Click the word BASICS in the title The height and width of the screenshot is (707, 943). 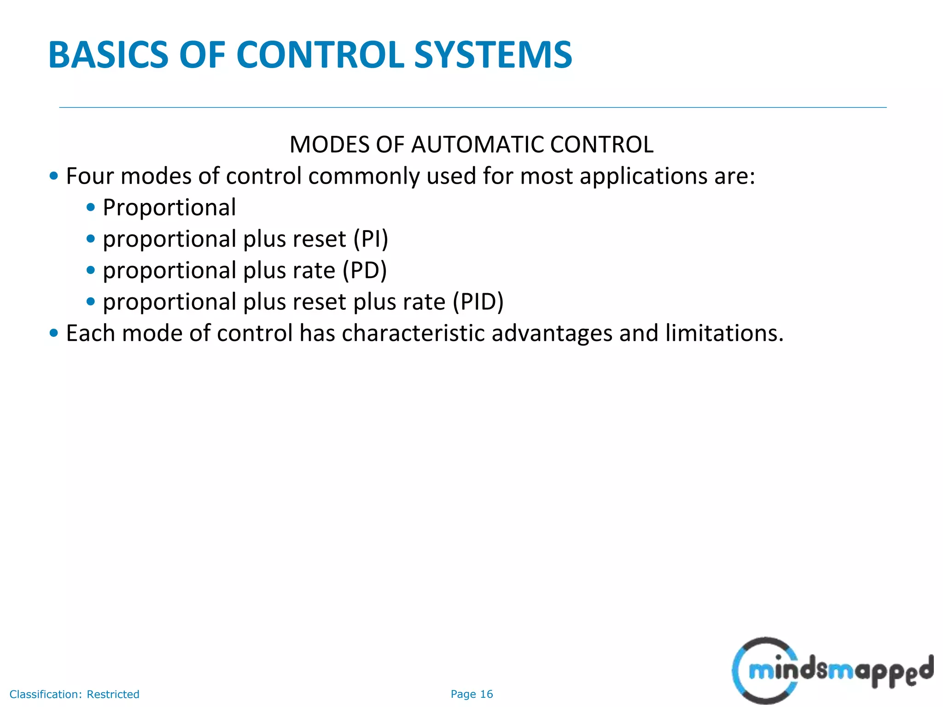coord(108,55)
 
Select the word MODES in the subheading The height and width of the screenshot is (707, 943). coord(330,145)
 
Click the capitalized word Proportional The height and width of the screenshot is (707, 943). coord(169,208)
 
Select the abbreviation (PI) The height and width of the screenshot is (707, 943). coord(371,239)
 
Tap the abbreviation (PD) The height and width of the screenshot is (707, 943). coord(365,271)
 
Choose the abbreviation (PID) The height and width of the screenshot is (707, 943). coord(478,302)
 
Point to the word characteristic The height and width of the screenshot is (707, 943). coord(413,333)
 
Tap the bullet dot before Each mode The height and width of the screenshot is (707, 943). coord(54,333)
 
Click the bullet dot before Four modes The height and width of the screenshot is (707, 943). coord(54,176)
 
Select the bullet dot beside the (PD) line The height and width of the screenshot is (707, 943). coord(91,270)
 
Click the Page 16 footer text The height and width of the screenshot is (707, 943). coord(471,694)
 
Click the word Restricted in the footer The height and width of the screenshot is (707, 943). coord(113,694)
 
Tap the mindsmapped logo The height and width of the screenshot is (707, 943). coord(832,671)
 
